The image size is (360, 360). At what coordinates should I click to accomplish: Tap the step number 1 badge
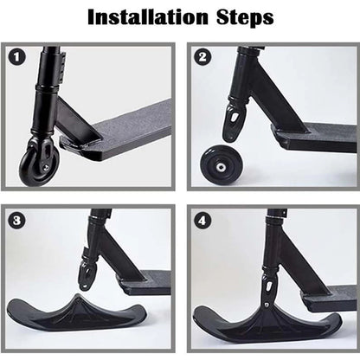[x=15, y=58]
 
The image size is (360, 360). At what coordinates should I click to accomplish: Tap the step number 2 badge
[x=202, y=58]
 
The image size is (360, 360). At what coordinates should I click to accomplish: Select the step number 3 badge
[x=15, y=220]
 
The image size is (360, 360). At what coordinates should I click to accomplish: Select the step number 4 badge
[x=202, y=220]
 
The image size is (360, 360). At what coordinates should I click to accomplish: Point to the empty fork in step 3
[x=87, y=274]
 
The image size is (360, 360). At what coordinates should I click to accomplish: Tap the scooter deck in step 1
[x=130, y=125]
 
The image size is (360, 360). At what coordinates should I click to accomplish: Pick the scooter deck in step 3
[x=147, y=282]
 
